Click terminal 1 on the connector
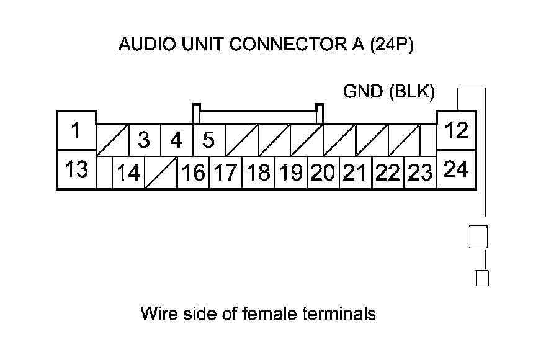coord(76,131)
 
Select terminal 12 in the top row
coord(456,131)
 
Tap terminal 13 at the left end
coord(76,169)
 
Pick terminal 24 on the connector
coord(456,169)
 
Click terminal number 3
coord(145,140)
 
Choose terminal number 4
coord(177,140)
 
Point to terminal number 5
coord(209,140)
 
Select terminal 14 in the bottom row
coord(128,173)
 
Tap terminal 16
coord(193,173)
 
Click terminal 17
coord(226,173)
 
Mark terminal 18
coord(258,173)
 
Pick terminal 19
coord(291,173)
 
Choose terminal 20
coord(323,173)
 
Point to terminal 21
coord(356,173)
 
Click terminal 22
coord(388,173)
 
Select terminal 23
coord(420,173)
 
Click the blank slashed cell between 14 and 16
coord(161,173)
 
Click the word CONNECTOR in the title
coord(286,44)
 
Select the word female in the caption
coord(269,313)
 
